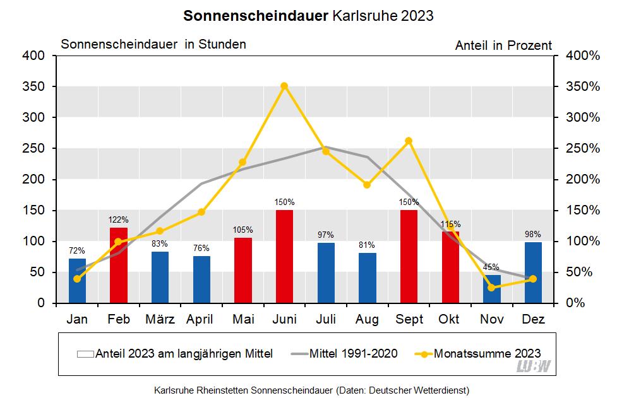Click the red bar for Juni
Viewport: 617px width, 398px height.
284,256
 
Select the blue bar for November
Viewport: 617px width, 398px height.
491,289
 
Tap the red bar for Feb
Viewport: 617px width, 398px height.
119,265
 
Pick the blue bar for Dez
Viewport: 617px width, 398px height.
533,272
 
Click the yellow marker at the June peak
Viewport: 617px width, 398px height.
284,86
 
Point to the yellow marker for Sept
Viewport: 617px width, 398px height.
409,141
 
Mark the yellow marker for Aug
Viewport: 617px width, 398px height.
367,185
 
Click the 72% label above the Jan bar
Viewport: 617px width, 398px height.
77,250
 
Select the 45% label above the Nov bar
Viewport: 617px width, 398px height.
491,267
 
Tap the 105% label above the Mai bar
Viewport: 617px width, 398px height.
243,230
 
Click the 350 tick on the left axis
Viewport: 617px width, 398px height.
35,86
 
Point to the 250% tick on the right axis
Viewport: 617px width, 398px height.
582,148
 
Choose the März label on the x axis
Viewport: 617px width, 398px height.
160,320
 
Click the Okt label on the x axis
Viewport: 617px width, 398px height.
450,320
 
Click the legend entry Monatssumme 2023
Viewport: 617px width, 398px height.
486,353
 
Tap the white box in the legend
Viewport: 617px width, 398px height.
85,354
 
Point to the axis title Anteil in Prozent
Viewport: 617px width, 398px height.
503,45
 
